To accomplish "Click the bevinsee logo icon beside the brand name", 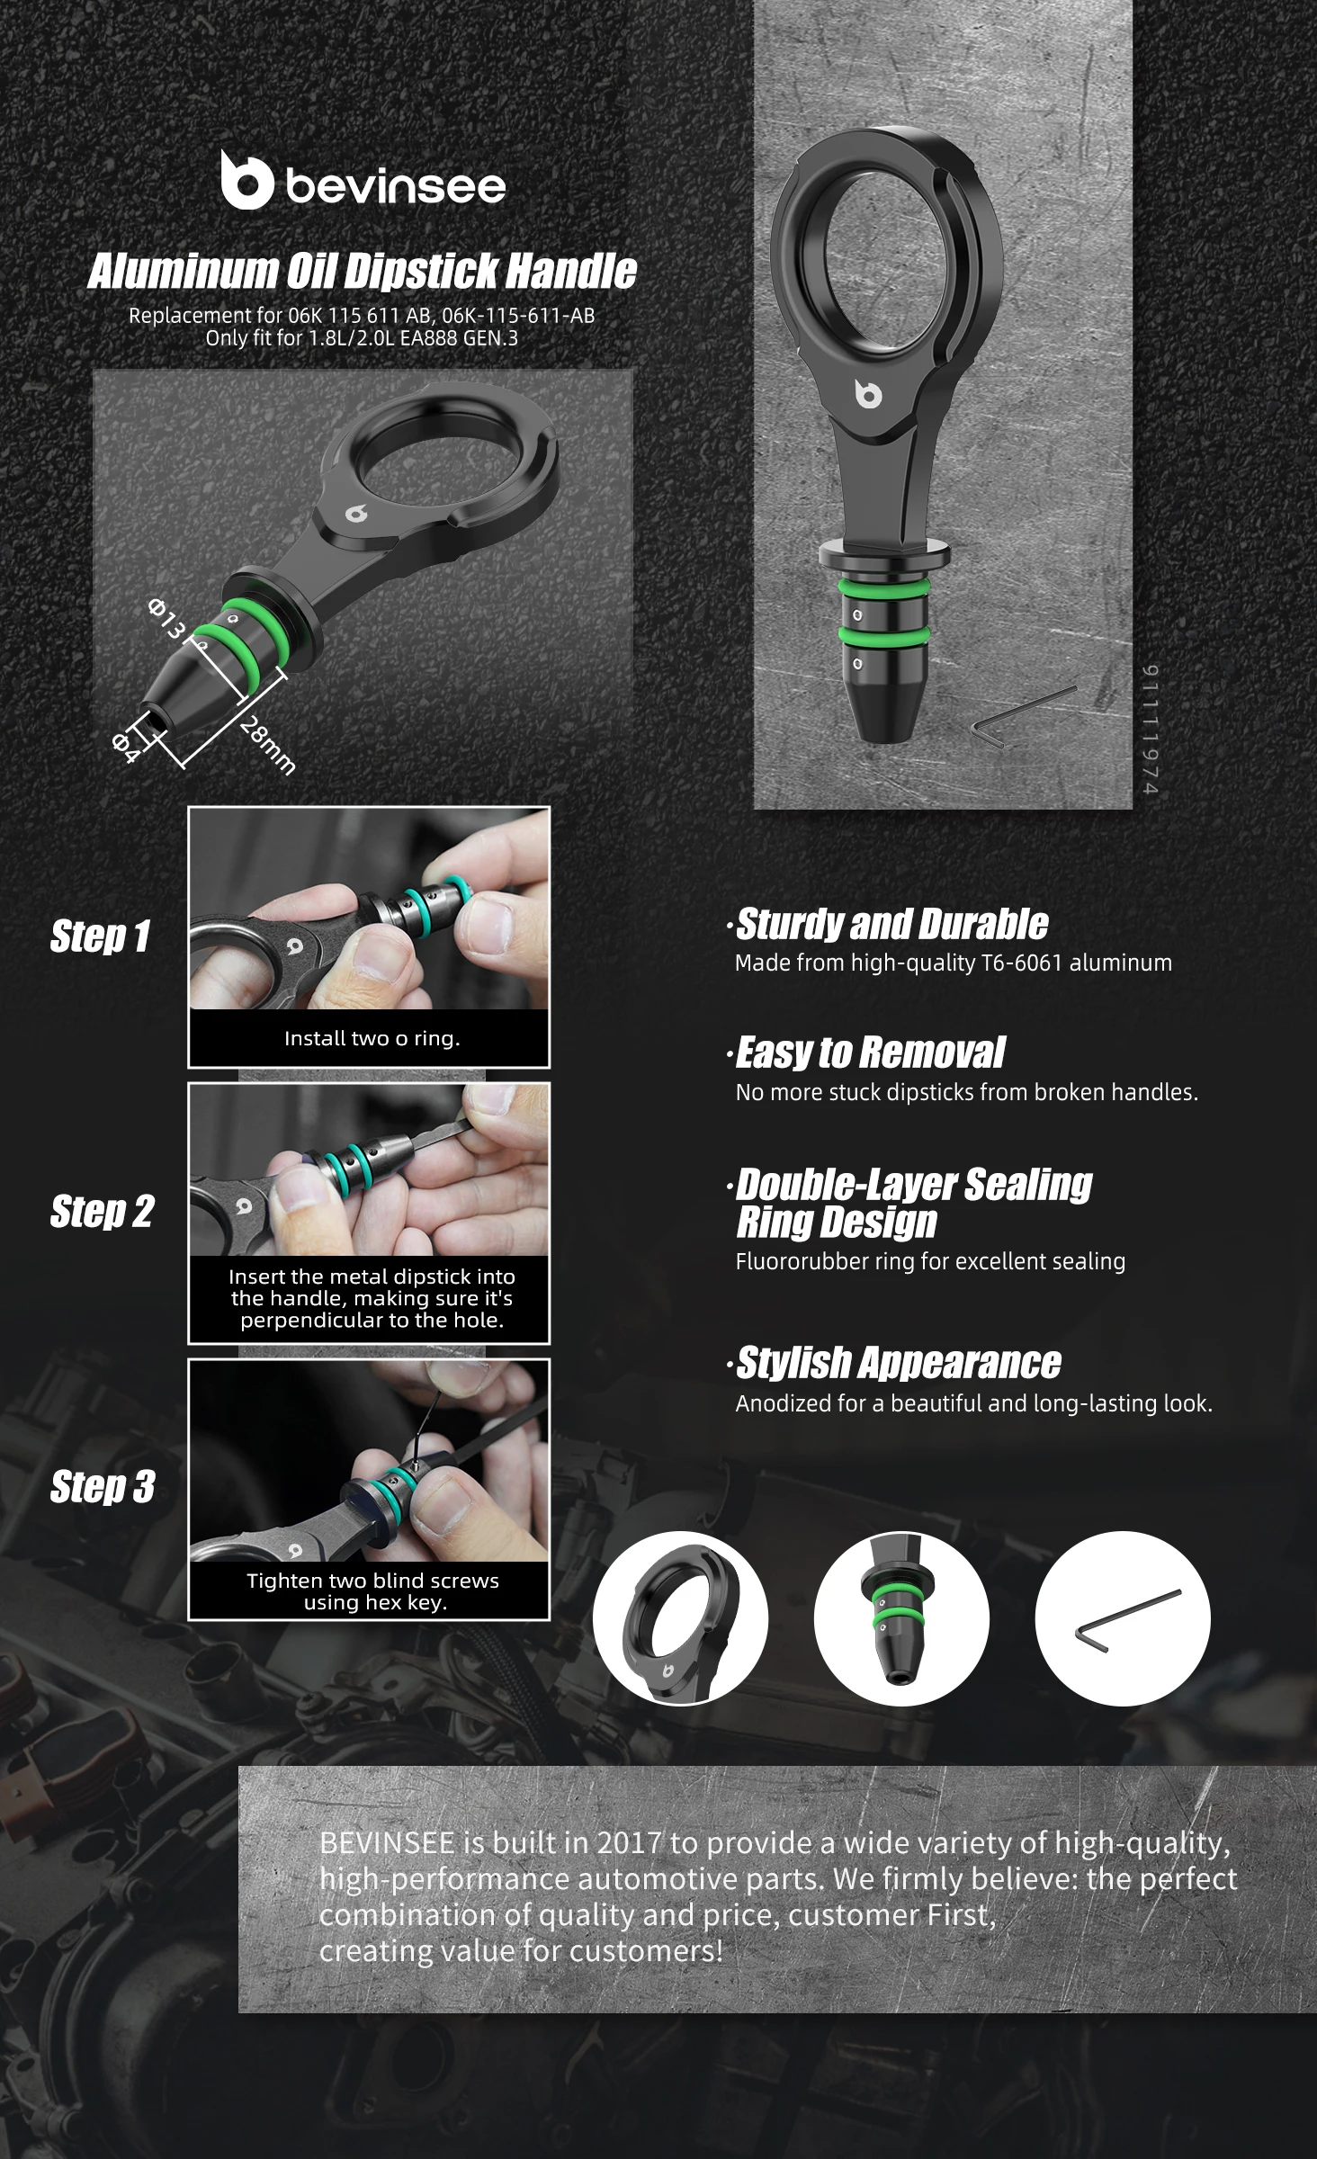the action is click(246, 179).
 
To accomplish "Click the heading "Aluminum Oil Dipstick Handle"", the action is click(362, 271).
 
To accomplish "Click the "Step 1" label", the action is click(100, 936).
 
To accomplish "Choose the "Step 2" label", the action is click(102, 1212).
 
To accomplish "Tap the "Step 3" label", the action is click(103, 1487).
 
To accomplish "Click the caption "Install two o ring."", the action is click(372, 1038).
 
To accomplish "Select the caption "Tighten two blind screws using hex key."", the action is click(372, 1591).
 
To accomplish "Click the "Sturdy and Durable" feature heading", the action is click(891, 924).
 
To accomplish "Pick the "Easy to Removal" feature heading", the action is click(870, 1053).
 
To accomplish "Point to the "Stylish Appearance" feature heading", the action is click(899, 1363).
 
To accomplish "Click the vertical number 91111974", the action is click(1151, 730).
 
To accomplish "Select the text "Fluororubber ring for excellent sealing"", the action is click(930, 1261).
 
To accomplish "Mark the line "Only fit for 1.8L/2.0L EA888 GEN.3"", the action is click(362, 339).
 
